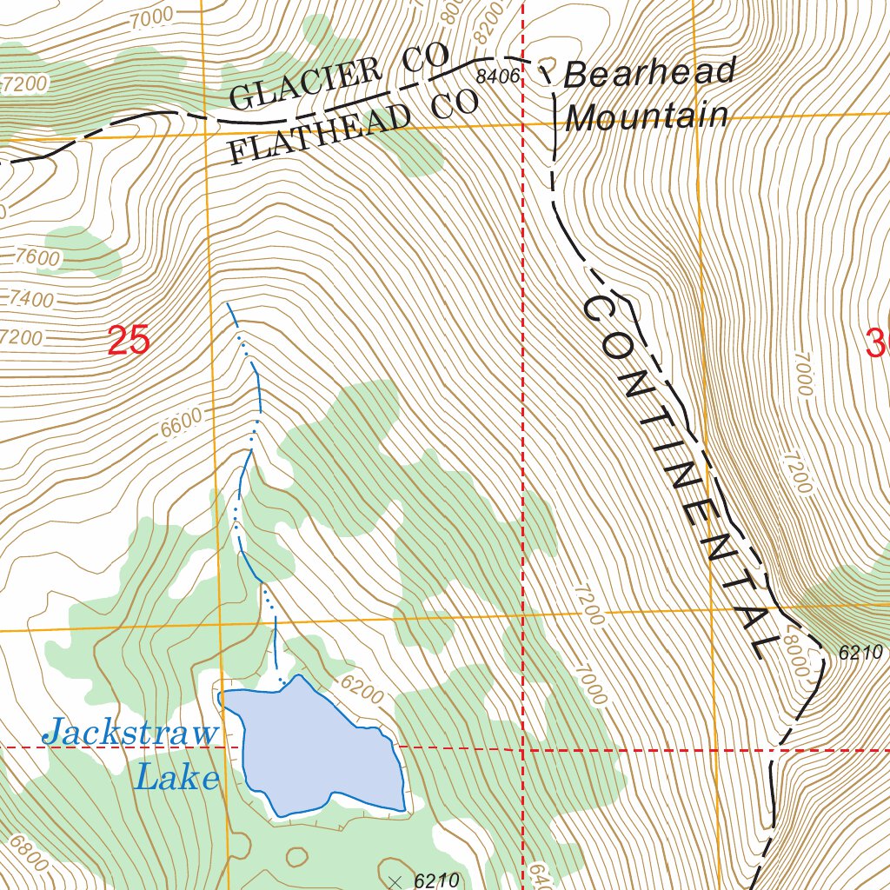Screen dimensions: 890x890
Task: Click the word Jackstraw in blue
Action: (x=130, y=733)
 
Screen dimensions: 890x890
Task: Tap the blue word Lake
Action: (x=176, y=777)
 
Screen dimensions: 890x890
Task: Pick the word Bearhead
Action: (x=649, y=73)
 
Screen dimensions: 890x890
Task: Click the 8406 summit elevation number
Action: (x=497, y=77)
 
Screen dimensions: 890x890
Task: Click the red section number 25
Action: (x=129, y=340)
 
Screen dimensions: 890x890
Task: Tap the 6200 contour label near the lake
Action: (x=362, y=690)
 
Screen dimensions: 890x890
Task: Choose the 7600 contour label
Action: (x=37, y=258)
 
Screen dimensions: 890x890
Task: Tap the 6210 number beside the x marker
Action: (x=436, y=880)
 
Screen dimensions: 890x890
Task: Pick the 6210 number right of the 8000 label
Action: (x=860, y=652)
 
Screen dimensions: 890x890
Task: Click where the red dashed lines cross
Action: (x=522, y=748)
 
